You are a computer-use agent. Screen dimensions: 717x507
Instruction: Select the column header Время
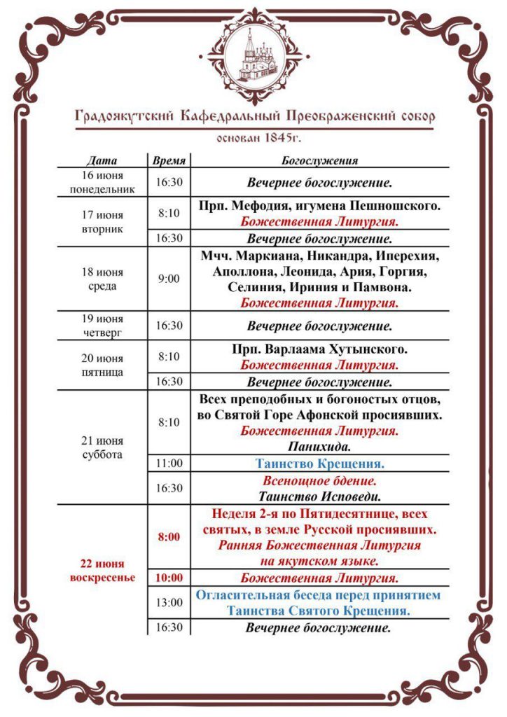169,160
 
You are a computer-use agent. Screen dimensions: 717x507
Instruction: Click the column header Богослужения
319,160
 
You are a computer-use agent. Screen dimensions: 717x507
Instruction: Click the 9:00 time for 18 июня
169,278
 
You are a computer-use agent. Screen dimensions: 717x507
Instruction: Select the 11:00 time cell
169,464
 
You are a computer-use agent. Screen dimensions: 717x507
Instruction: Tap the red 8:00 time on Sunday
169,537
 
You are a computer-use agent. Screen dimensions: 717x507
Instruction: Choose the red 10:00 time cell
169,578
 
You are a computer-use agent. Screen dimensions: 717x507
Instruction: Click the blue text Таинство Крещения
319,464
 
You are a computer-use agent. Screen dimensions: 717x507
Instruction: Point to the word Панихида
319,445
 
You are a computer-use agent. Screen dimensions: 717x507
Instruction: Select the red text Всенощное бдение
319,481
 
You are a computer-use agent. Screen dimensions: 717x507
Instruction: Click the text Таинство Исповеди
319,497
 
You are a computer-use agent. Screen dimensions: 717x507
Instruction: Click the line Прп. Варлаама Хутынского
319,349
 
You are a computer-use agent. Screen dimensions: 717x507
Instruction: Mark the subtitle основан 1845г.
253,137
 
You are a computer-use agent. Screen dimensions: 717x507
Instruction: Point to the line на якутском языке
319,561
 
